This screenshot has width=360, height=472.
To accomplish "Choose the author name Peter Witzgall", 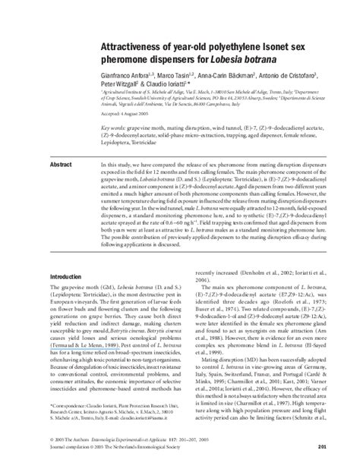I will (x=120, y=66).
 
